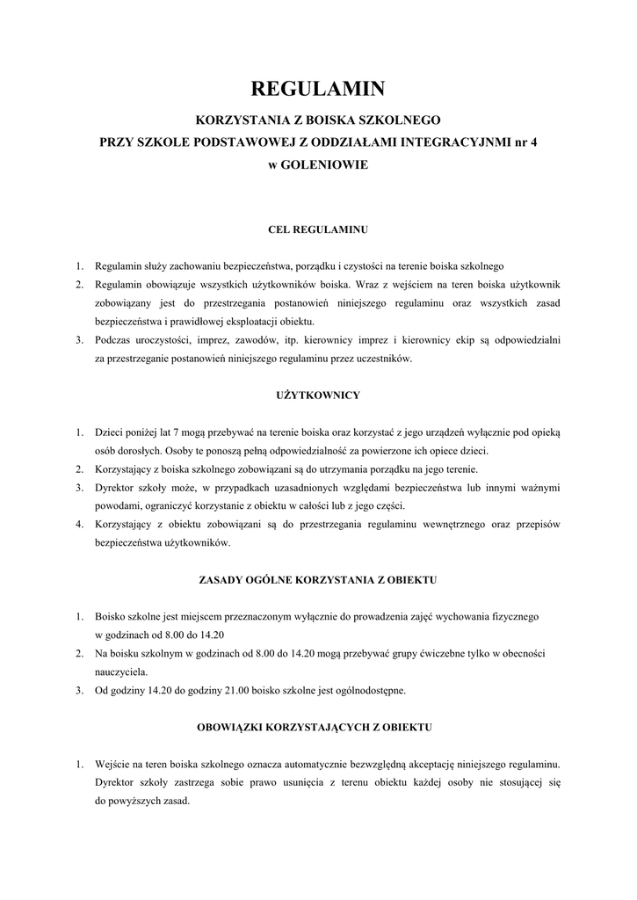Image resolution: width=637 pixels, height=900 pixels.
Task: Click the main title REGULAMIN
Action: click(x=318, y=89)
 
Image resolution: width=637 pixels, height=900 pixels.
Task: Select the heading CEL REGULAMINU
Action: click(x=317, y=229)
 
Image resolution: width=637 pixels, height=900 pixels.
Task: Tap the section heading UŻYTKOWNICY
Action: click(x=317, y=396)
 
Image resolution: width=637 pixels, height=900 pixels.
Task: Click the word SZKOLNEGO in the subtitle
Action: click(x=402, y=118)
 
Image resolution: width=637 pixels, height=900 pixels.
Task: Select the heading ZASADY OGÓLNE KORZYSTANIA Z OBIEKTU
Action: click(x=317, y=580)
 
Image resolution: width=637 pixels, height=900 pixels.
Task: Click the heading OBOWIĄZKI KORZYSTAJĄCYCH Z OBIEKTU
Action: click(x=317, y=728)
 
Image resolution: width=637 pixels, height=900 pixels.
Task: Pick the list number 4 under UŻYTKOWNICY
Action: click(x=78, y=525)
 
